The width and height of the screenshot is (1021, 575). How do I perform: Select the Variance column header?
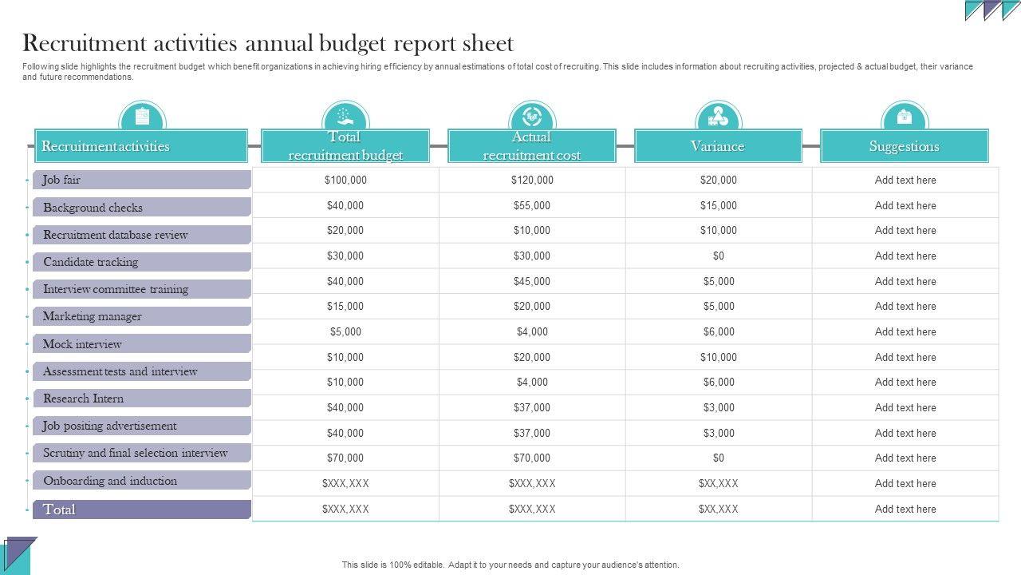718,146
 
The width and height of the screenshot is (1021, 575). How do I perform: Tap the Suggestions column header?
904,146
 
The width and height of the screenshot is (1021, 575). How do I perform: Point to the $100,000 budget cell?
345,180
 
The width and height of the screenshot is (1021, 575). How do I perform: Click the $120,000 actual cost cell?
532,180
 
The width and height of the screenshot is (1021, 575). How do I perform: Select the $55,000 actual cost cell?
532,206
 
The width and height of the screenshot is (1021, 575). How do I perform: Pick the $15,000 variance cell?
719,206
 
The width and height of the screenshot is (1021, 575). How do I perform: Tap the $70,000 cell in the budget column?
345,458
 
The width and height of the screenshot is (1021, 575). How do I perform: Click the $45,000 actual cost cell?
532,282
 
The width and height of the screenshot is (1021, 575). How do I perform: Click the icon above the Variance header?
718,117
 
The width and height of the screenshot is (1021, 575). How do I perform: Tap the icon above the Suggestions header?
904,117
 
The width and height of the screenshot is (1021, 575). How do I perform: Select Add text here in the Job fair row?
905,180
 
